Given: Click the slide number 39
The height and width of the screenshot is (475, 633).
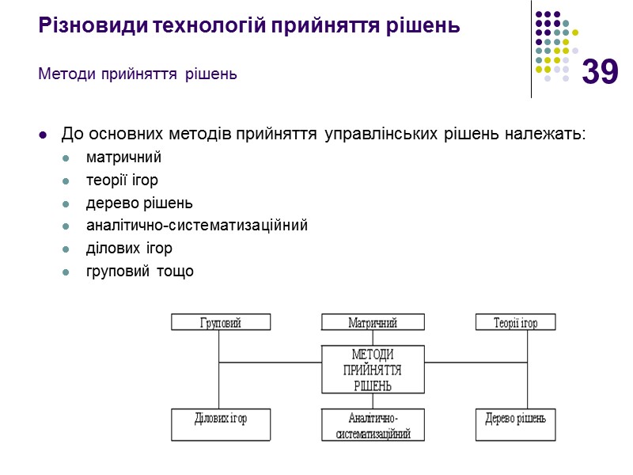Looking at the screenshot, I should (600, 73).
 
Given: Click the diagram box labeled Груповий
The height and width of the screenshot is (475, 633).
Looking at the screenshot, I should (221, 322).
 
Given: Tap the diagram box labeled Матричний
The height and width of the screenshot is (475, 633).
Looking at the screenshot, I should (372, 322).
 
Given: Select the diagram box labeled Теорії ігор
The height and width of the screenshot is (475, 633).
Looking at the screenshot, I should (515, 322).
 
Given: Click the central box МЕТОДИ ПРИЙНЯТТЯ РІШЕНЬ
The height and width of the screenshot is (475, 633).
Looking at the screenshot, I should (372, 370).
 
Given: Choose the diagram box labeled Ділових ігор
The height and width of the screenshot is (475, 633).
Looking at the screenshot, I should (221, 424).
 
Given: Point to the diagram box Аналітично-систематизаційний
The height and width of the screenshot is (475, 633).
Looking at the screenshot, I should (372, 425).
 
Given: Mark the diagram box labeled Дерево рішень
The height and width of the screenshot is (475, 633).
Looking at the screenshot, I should (515, 424).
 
